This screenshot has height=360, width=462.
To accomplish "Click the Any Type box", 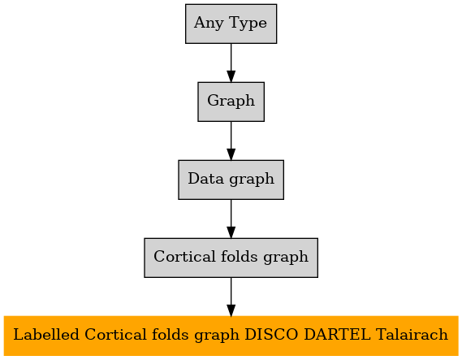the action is click(x=231, y=24).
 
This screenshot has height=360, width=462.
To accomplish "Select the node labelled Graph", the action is click(x=231, y=102).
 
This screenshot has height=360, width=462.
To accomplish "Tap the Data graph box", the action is click(x=231, y=180).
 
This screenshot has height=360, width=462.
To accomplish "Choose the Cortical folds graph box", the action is click(x=231, y=258).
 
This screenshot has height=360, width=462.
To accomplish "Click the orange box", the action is click(x=231, y=336).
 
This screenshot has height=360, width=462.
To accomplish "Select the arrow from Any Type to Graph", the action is click(x=231, y=63).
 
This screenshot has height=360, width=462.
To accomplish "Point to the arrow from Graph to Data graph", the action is click(x=231, y=141).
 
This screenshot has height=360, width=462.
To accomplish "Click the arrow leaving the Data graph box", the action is click(x=231, y=219).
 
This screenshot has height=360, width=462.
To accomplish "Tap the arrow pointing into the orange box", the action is click(x=231, y=297).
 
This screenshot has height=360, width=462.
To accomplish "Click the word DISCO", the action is click(x=271, y=335).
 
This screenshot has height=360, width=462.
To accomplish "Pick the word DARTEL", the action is click(x=337, y=335).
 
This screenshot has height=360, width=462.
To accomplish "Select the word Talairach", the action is click(x=412, y=335).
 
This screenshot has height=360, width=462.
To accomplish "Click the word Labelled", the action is click(x=46, y=335).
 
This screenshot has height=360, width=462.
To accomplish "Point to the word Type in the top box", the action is click(x=248, y=24).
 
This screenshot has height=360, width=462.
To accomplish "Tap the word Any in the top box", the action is click(x=209, y=24).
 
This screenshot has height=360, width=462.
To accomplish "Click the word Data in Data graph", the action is click(x=206, y=179).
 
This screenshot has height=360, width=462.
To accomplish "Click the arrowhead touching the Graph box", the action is click(x=231, y=76).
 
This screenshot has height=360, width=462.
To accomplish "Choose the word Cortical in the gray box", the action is click(x=184, y=256).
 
